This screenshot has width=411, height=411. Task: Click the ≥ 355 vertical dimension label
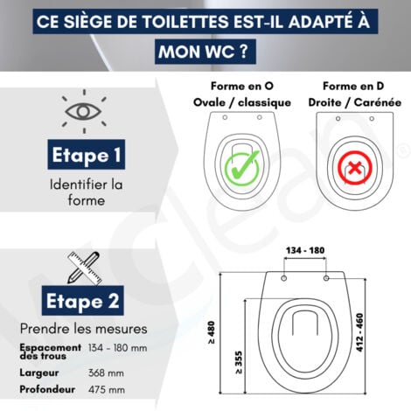coord(240,362)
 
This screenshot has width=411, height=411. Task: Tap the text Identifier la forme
coord(76,192)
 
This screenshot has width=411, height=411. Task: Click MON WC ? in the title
coord(205,51)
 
